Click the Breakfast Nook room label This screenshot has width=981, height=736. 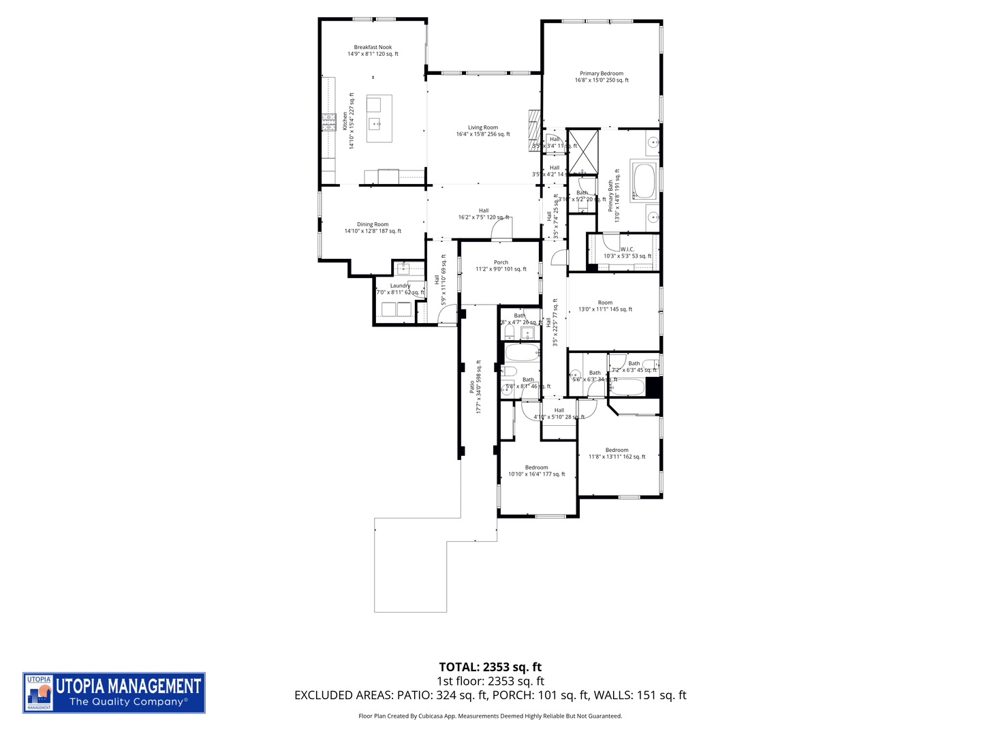click(373, 50)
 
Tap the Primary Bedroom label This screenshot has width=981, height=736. click(602, 76)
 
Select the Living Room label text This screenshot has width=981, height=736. click(483, 131)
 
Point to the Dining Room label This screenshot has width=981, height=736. click(373, 228)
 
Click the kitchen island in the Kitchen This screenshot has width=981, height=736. click(379, 119)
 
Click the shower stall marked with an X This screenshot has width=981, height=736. click(583, 151)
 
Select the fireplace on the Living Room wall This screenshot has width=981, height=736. click(534, 129)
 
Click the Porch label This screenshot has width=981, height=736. click(501, 266)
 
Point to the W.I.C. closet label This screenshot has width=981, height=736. click(627, 253)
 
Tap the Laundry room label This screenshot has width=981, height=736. click(400, 289)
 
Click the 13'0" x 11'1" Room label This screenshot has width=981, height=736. click(605, 306)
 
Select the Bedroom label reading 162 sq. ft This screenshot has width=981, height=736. click(617, 453)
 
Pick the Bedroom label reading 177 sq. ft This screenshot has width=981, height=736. click(536, 471)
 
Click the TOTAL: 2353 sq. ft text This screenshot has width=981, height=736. click(490, 667)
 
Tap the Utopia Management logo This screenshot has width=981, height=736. click(114, 692)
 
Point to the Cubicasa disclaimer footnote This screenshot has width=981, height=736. click(490, 716)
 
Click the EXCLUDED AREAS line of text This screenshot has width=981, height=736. click(490, 695)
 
